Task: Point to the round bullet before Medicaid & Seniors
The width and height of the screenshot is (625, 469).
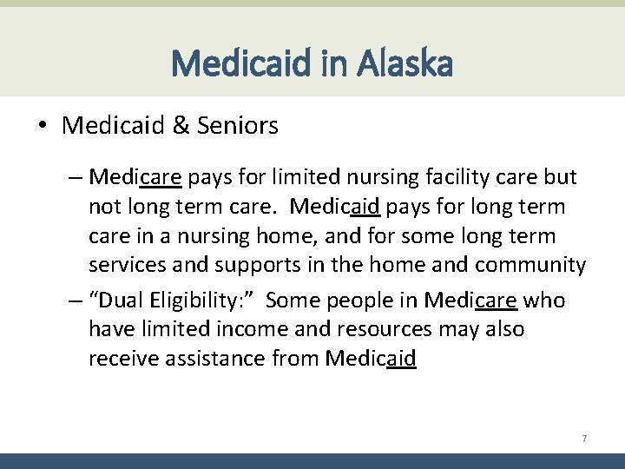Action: click(x=43, y=127)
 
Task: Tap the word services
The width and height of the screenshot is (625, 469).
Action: click(x=122, y=265)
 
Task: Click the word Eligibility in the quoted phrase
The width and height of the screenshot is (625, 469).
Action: click(x=199, y=301)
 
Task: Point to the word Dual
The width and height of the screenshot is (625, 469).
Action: click(x=124, y=301)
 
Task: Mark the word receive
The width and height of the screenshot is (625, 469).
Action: click(x=120, y=359)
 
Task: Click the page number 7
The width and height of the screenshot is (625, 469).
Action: click(x=584, y=439)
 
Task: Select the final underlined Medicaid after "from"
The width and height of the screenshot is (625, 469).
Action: click(x=371, y=359)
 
